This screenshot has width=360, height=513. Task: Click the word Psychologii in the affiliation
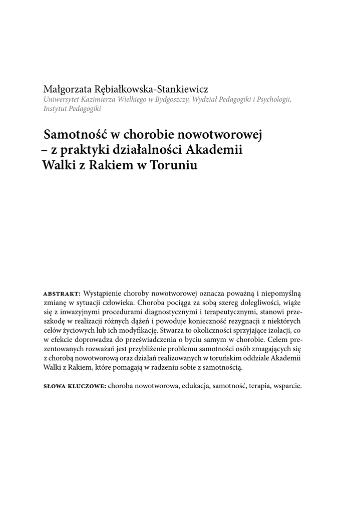coord(273,100)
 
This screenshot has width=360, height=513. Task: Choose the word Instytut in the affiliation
coord(56,109)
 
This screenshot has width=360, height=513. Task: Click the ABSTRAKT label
coord(62,293)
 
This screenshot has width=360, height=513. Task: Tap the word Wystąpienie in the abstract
coord(106,293)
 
